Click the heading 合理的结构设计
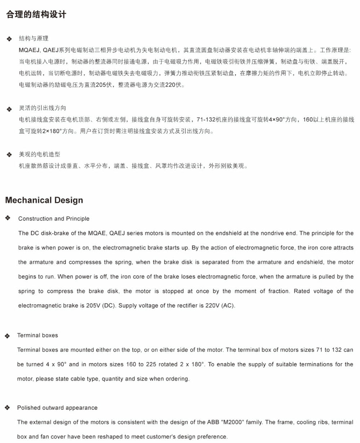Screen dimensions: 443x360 36,15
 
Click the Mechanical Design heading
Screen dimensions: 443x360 44,200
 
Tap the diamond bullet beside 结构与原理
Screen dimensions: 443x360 9,39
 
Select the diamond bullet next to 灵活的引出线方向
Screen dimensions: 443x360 9,109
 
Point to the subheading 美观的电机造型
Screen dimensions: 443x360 40,155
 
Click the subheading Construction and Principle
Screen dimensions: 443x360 54,219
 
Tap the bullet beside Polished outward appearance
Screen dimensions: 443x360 7,408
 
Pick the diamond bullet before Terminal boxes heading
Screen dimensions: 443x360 7,336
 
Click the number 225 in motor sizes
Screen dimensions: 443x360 151,364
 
